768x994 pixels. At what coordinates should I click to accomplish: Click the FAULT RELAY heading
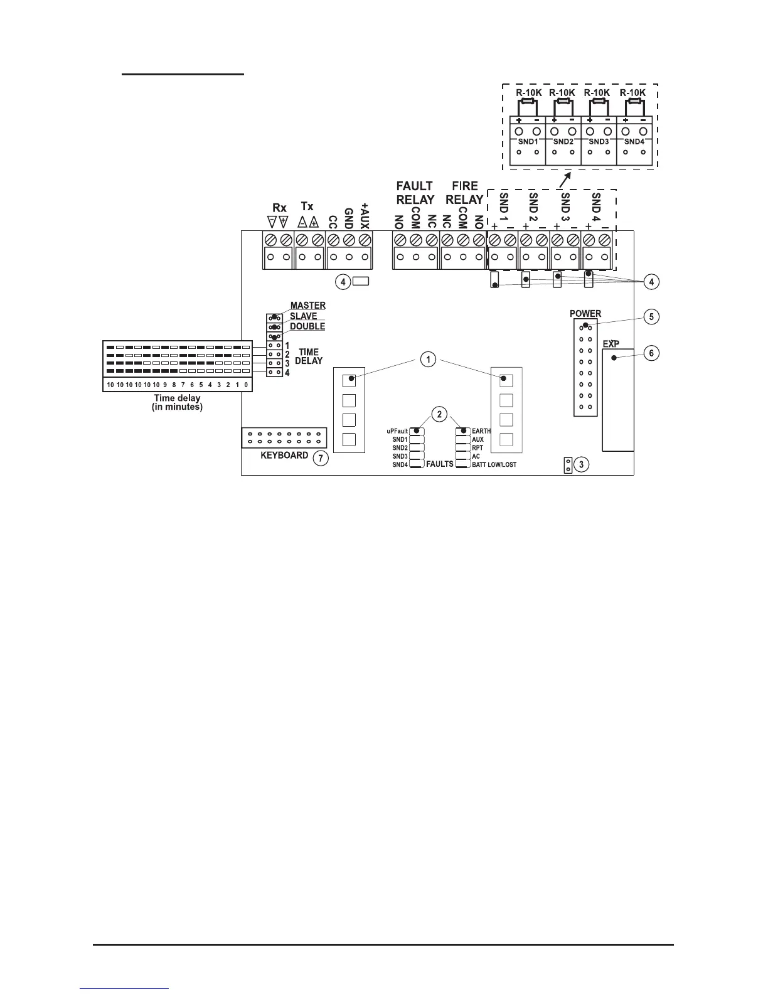pos(415,193)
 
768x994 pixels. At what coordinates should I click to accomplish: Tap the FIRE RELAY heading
pos(464,193)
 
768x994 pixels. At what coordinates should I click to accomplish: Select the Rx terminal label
pos(279,208)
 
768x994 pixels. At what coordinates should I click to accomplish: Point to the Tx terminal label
pos(307,206)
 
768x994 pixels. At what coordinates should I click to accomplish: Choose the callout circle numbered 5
pos(651,316)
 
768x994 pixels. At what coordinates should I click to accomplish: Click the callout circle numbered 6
pos(651,353)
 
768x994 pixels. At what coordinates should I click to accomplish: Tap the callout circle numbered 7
pos(320,458)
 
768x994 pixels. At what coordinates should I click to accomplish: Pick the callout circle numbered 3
pos(582,465)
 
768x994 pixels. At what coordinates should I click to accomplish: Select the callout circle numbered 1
pos(428,360)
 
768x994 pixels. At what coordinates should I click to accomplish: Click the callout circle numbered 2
pos(440,414)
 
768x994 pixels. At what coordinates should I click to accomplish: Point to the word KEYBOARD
pos(284,455)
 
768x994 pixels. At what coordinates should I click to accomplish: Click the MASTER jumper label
pos(307,306)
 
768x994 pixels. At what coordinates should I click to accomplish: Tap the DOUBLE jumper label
pos(307,326)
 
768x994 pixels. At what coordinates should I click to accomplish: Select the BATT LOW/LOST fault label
pos(494,465)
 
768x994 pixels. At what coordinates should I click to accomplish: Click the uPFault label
pos(397,431)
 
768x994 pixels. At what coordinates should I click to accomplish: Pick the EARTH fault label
pos(481,431)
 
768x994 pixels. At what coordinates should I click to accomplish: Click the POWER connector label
pos(585,313)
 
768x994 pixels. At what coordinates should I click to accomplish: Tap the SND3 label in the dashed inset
pos(599,142)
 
